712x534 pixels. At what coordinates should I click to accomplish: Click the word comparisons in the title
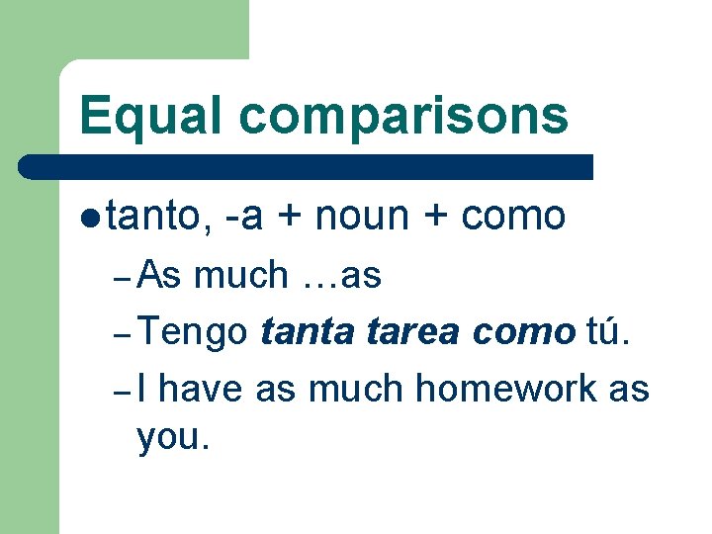click(x=402, y=117)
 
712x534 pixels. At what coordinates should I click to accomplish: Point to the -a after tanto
click(x=243, y=215)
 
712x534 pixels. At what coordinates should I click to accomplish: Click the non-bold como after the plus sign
click(x=513, y=215)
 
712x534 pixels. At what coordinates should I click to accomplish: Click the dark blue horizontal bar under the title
click(x=307, y=166)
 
